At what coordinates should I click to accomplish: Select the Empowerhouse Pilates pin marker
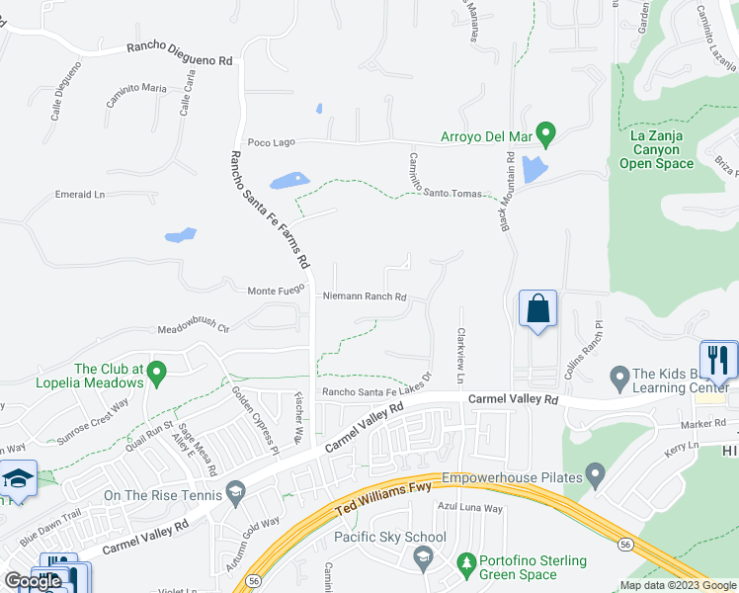(596, 475)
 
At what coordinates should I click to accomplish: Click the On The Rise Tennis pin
(235, 490)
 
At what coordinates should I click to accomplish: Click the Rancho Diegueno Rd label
(178, 53)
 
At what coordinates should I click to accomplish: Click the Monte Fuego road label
(275, 291)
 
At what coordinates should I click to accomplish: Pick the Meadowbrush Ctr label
(194, 328)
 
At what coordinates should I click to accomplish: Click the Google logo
(33, 581)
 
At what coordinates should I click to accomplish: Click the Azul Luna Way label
(470, 509)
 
